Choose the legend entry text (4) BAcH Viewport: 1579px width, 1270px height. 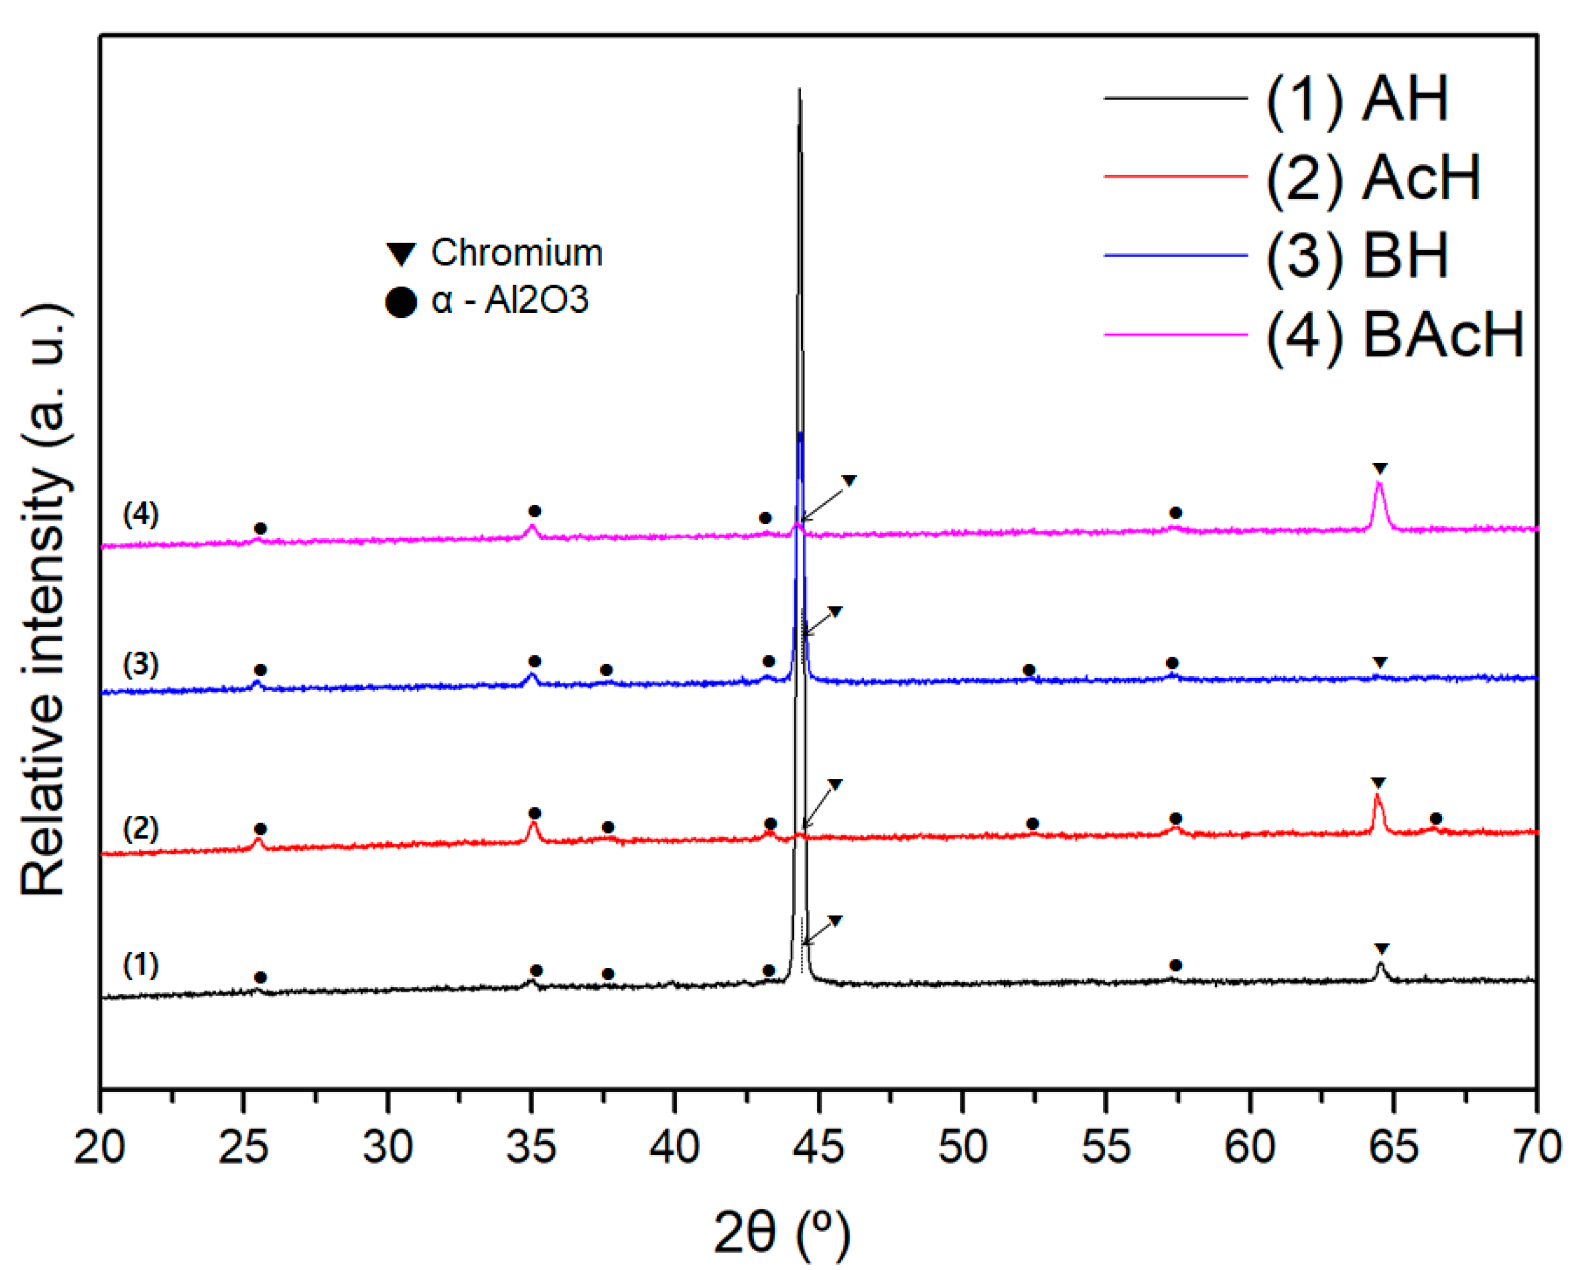click(x=1395, y=334)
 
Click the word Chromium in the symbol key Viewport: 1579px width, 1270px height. click(x=516, y=253)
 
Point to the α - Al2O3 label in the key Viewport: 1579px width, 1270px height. click(x=510, y=301)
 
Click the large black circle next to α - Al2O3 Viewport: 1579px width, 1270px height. click(x=401, y=302)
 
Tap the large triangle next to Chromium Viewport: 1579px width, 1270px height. click(x=401, y=253)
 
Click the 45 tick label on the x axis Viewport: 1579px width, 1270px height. click(x=818, y=1147)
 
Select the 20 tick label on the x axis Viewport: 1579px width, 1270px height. click(x=100, y=1147)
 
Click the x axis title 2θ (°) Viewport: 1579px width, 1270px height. click(x=782, y=1233)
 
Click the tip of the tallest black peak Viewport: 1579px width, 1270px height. click(x=799, y=91)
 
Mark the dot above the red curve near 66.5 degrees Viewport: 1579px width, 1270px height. click(x=1435, y=818)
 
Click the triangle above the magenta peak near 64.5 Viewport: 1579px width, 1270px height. click(x=1380, y=468)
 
